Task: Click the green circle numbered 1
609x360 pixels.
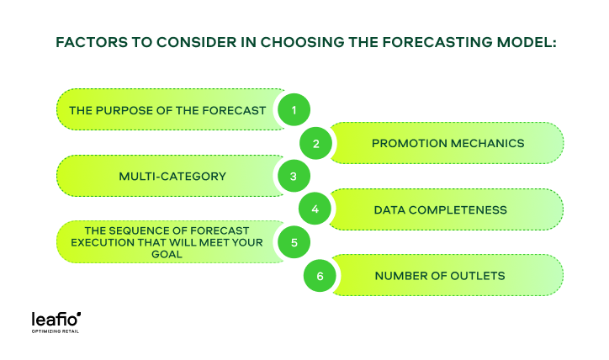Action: point(294,109)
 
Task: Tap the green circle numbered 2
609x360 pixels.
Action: point(315,143)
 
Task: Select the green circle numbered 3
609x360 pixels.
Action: point(294,177)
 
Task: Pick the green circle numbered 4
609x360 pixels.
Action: point(315,209)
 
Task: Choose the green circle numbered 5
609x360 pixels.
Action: point(294,243)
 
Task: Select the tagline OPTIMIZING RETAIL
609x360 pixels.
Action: point(56,331)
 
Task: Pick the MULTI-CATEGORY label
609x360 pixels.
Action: point(161,177)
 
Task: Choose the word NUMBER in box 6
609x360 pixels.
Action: point(404,276)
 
